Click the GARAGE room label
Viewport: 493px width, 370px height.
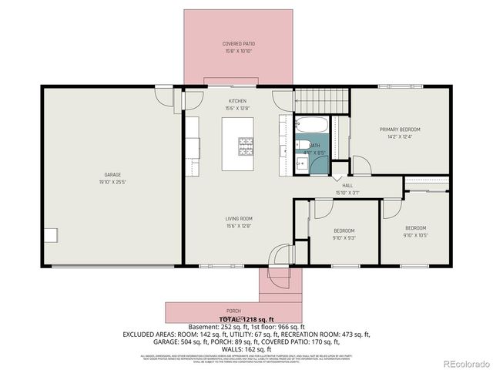click(x=112, y=175)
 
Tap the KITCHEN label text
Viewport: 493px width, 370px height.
click(x=237, y=101)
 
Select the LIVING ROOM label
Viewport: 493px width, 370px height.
click(x=239, y=218)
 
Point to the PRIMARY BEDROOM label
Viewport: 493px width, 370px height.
click(x=400, y=129)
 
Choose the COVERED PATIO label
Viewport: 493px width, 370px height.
click(x=239, y=44)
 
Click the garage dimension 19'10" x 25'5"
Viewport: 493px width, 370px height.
click(x=112, y=182)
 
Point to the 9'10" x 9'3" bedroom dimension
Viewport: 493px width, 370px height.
click(x=344, y=238)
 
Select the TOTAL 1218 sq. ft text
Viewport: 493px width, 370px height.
click(x=246, y=318)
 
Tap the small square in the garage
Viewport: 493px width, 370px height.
click(x=50, y=235)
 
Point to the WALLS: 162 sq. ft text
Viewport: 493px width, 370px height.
click(x=246, y=348)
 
